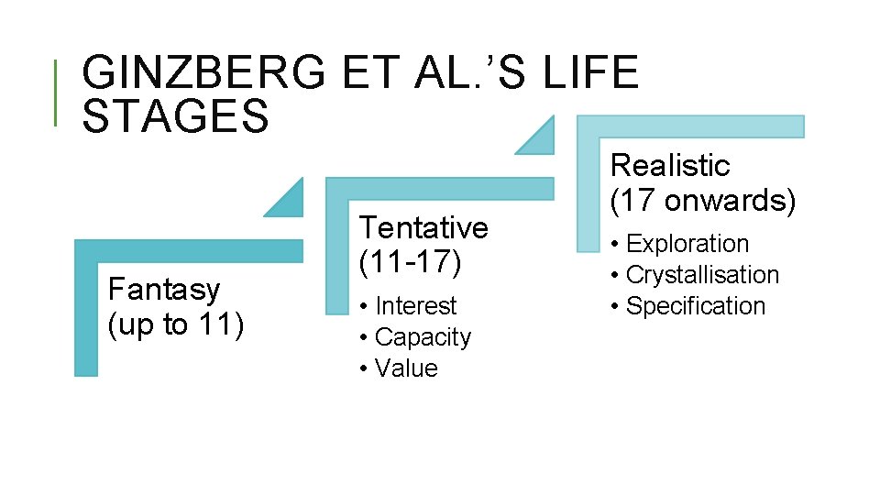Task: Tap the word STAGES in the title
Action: point(175,117)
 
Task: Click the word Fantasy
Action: point(164,290)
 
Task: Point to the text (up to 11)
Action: point(176,324)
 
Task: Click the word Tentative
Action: point(423,226)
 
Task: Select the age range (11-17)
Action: point(410,262)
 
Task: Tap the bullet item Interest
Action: point(415,305)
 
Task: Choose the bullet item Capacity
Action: point(423,337)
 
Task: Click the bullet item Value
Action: point(406,368)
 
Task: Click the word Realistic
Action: point(670,166)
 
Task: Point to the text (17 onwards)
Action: point(703,200)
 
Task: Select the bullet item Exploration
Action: point(687,244)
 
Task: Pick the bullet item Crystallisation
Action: point(702,275)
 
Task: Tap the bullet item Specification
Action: point(695,306)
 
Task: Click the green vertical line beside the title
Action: point(57,92)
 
